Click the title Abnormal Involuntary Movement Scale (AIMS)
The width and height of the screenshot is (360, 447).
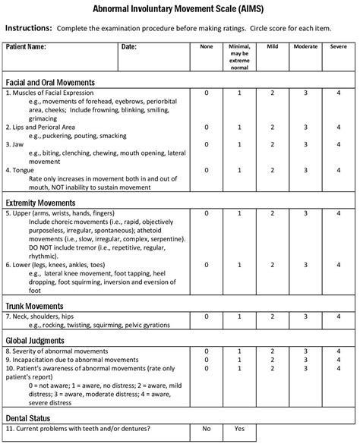[x=179, y=8]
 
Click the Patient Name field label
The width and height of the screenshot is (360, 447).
[x=26, y=47]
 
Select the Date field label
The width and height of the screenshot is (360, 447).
[x=128, y=47]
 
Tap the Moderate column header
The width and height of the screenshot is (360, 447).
[x=305, y=47]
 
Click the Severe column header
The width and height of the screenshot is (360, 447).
[x=339, y=47]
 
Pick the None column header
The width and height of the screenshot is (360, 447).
[x=206, y=47]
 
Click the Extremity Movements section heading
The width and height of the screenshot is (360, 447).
[x=40, y=203]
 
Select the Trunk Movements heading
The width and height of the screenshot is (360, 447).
[x=34, y=305]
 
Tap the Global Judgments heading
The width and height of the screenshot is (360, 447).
[x=35, y=340]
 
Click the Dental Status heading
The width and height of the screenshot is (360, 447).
[x=27, y=417]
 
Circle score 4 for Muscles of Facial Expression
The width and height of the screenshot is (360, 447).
[x=339, y=93]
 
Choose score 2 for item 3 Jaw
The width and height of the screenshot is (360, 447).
[x=273, y=143]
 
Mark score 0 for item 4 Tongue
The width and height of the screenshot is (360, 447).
[x=206, y=170]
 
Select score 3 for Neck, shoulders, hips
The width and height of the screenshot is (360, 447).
[x=305, y=316]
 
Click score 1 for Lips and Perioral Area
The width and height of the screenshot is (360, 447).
[x=239, y=127]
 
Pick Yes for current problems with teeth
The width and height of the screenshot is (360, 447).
[x=239, y=429]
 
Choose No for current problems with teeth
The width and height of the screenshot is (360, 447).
[x=206, y=429]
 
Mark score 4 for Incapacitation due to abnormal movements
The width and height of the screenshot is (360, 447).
[x=339, y=360]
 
